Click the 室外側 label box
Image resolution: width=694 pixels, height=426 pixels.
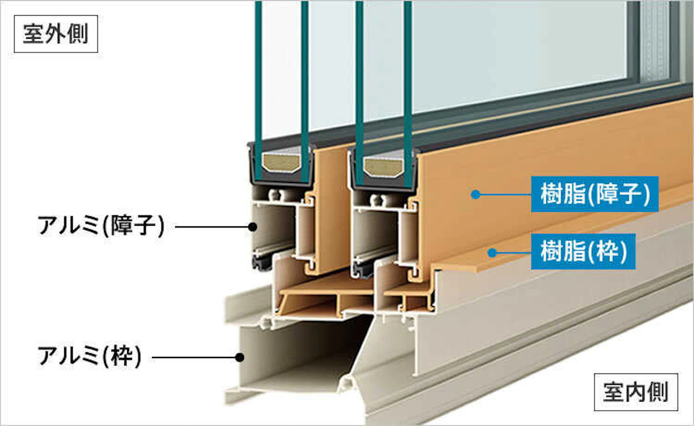click(56, 34)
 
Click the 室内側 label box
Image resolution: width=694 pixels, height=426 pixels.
click(635, 392)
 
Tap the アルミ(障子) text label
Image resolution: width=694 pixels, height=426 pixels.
click(101, 226)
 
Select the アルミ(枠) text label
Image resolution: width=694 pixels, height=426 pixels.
click(89, 356)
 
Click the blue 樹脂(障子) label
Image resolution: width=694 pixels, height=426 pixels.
click(595, 194)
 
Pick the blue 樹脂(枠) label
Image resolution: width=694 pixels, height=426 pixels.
click(583, 251)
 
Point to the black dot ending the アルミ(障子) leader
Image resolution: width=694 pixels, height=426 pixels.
click(253, 227)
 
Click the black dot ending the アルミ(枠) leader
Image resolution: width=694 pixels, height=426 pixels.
click(239, 357)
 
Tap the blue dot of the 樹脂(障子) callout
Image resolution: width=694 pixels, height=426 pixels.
click(476, 195)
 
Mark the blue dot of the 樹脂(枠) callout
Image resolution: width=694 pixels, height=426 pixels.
click(492, 252)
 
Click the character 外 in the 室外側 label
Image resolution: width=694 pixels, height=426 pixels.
click(55, 34)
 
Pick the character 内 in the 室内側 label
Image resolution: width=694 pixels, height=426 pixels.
click(635, 392)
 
